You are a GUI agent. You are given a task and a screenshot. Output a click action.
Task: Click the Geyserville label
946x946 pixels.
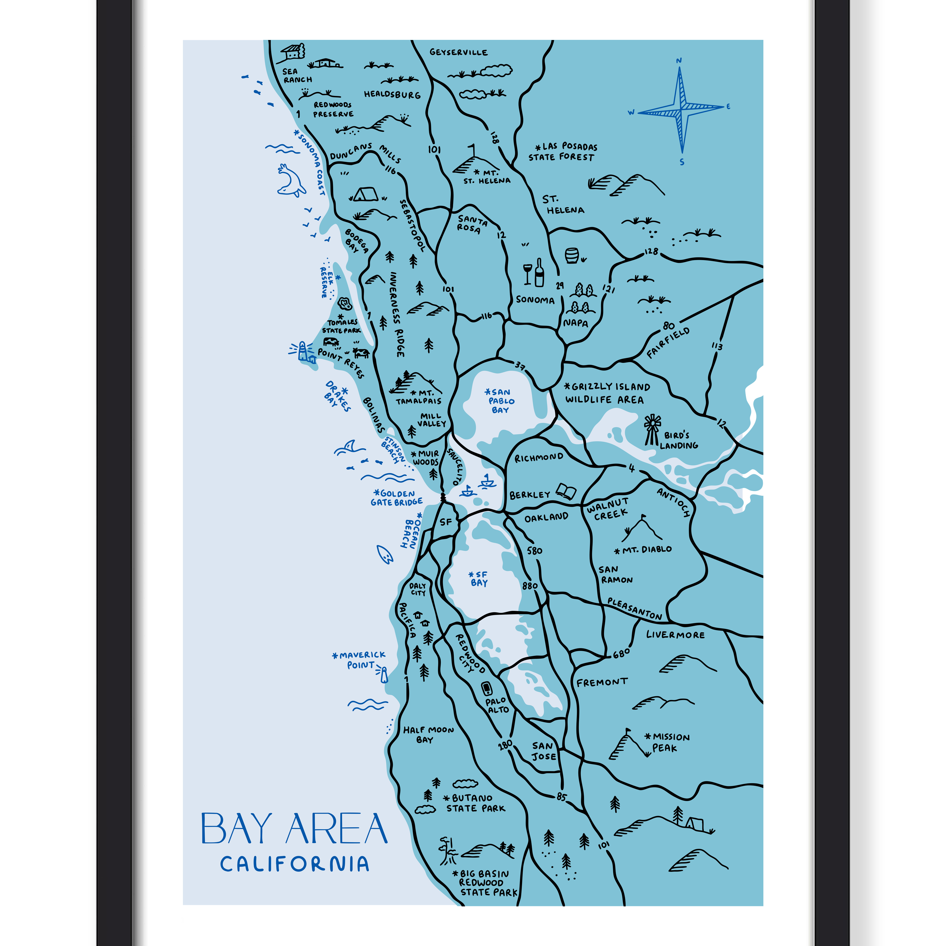pyautogui.click(x=458, y=52)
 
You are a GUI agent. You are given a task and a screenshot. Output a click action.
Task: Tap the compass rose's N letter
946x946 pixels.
pyautogui.click(x=679, y=61)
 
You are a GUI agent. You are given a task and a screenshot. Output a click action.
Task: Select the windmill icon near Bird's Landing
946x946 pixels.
pyautogui.click(x=652, y=429)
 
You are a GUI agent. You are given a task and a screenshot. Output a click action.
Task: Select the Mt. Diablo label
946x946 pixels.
pyautogui.click(x=643, y=549)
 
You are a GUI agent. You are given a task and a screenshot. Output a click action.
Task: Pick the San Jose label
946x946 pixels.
pyautogui.click(x=544, y=750)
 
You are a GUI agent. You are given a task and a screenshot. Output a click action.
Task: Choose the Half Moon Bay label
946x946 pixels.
pyautogui.click(x=428, y=734)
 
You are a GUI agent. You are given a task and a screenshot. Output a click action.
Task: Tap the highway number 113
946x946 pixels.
pyautogui.click(x=717, y=346)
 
